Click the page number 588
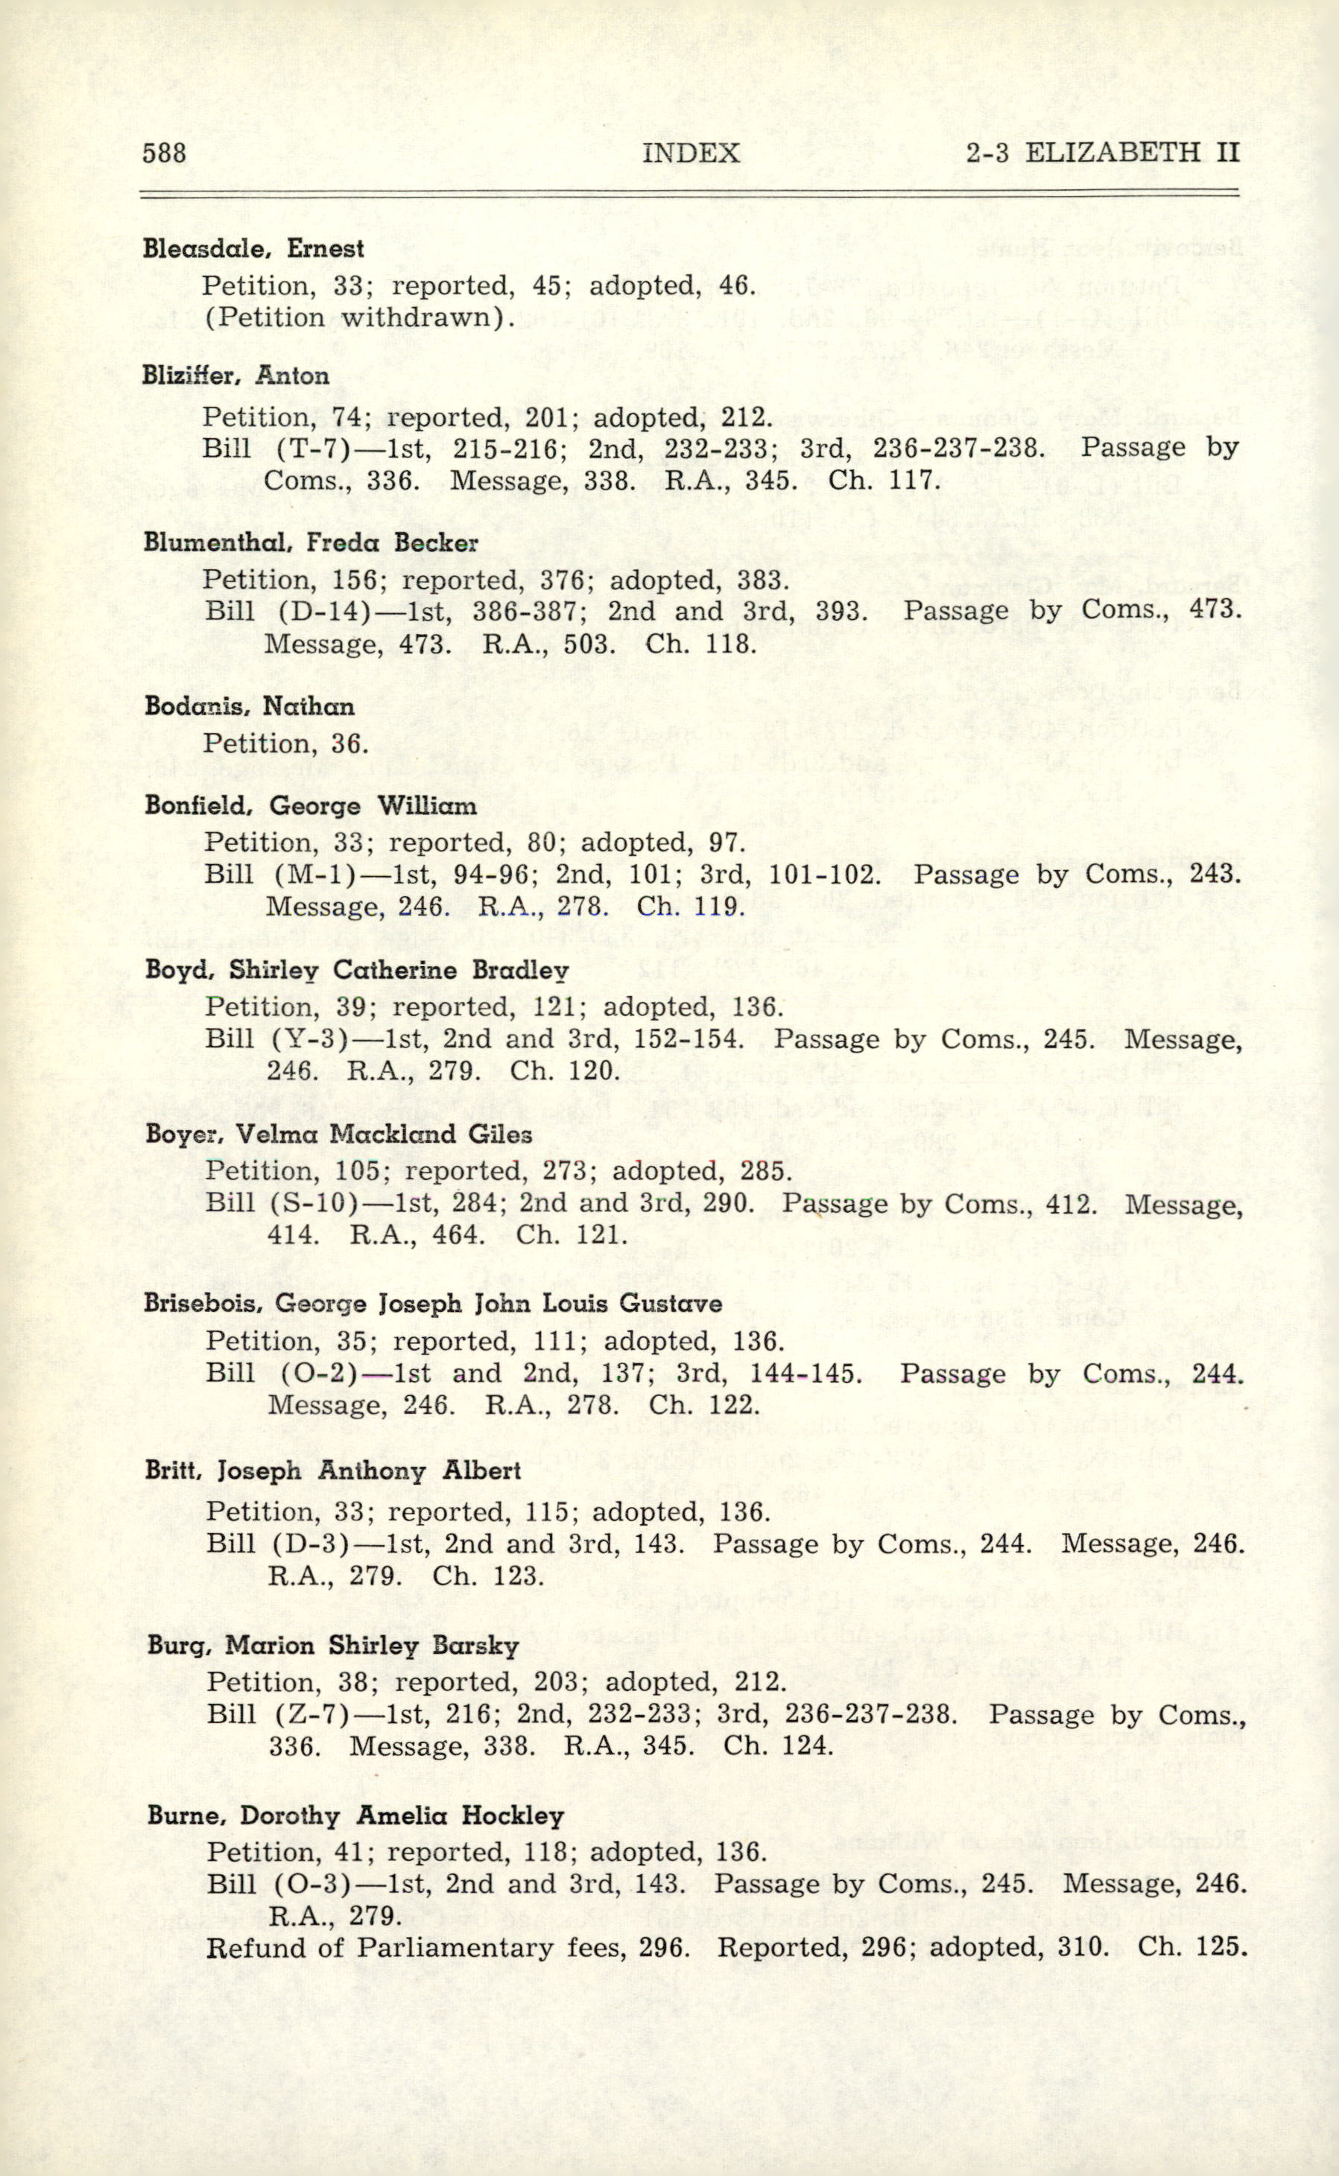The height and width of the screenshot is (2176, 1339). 164,153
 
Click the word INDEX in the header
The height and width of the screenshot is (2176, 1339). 691,153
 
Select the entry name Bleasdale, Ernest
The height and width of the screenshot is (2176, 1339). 253,248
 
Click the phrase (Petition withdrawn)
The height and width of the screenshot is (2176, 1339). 360,317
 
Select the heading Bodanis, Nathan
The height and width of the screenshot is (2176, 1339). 249,706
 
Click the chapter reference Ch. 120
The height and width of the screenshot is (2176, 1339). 563,1070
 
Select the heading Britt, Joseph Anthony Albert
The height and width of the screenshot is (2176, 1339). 333,1471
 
